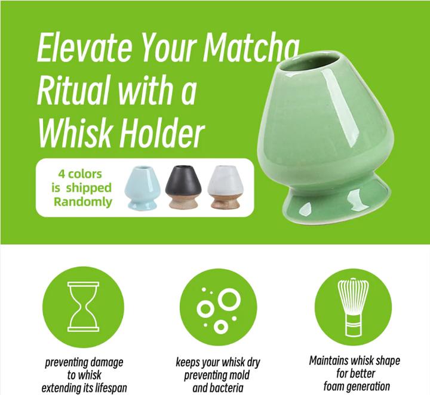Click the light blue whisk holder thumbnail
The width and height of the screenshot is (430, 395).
coord(142,187)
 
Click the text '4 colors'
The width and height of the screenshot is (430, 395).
coord(79,174)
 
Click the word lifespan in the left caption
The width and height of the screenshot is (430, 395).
coord(108,388)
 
